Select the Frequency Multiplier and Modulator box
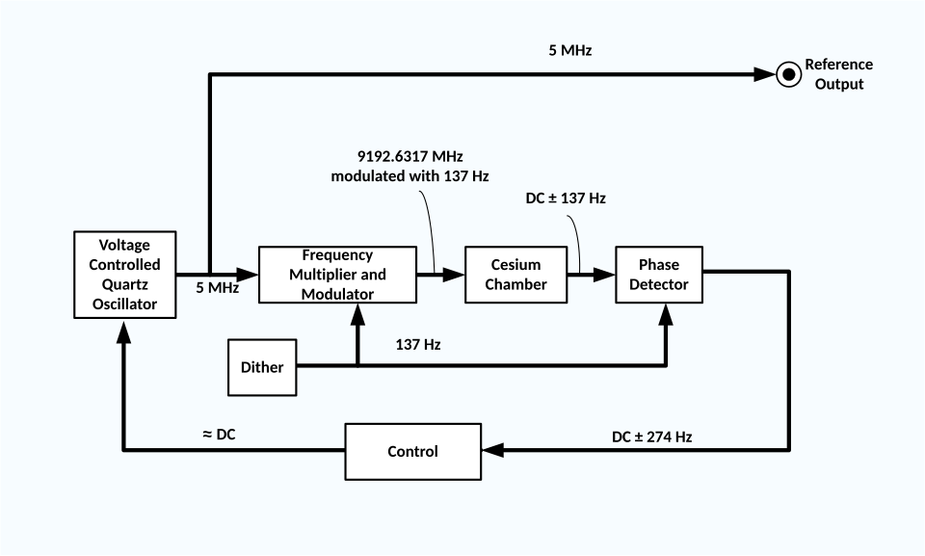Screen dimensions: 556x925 [337, 275]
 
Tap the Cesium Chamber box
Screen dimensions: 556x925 [515, 275]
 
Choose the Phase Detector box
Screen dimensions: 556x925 [659, 275]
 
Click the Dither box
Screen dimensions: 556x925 [262, 367]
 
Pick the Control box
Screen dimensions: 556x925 [412, 451]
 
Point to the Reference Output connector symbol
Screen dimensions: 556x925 [788, 74]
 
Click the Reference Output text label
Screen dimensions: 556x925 [838, 74]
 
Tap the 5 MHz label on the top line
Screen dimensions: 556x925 [569, 50]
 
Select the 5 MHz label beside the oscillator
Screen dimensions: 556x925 [217, 287]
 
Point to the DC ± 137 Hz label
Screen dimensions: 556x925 [565, 198]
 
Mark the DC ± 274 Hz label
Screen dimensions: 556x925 [651, 437]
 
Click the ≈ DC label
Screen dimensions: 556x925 [219, 435]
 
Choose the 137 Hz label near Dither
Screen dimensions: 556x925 [418, 344]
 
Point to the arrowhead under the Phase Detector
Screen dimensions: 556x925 [665, 312]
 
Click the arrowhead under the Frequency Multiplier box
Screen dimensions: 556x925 [357, 312]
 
